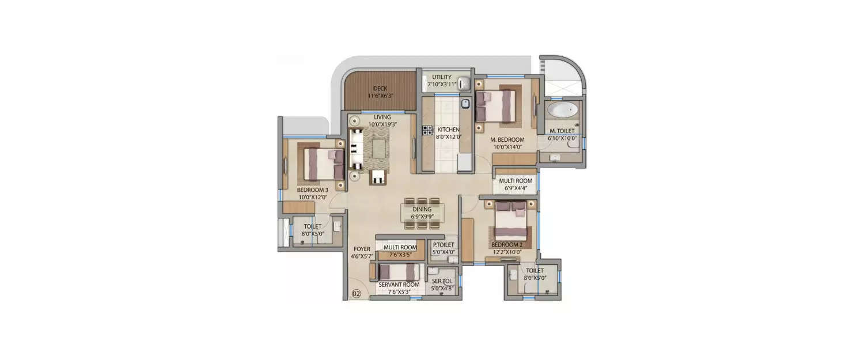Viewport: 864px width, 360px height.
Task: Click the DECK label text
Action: [380, 88]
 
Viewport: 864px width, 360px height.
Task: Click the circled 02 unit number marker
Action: [356, 294]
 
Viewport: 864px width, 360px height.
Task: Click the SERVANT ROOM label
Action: [398, 285]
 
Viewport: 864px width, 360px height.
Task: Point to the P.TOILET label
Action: [444, 245]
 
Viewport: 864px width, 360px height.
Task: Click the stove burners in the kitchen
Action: [427, 131]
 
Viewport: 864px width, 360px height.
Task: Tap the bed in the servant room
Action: [400, 272]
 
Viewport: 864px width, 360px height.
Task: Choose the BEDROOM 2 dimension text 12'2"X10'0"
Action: [507, 252]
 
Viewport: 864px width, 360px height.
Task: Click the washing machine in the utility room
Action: [464, 84]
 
